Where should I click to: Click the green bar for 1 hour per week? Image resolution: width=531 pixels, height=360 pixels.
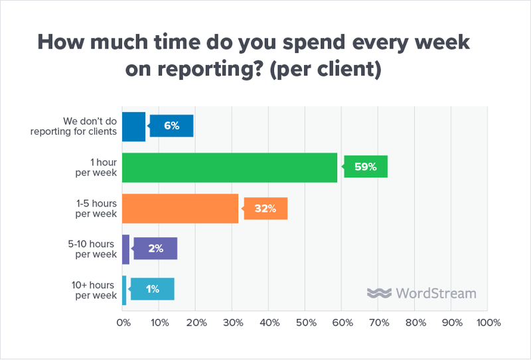(x=230, y=167)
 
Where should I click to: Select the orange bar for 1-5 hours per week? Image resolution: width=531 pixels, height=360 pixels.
(x=180, y=209)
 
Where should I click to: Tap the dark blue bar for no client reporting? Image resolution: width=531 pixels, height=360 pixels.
(x=133, y=126)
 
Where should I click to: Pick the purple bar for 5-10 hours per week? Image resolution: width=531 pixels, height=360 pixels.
(x=125, y=248)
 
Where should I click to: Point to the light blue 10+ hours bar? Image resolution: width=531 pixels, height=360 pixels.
(x=124, y=290)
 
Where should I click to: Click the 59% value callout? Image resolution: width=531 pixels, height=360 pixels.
(x=364, y=167)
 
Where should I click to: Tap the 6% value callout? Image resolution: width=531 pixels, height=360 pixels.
(x=173, y=126)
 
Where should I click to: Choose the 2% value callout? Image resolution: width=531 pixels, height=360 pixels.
(x=157, y=248)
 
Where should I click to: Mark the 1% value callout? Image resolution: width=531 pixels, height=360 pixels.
(x=153, y=290)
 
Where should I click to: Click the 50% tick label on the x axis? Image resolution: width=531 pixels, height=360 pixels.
(x=305, y=323)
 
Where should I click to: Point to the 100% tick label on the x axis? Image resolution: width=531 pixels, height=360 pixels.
(x=489, y=323)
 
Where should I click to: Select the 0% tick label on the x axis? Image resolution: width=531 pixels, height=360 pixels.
(x=123, y=323)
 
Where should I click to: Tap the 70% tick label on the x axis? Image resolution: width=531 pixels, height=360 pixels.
(x=378, y=323)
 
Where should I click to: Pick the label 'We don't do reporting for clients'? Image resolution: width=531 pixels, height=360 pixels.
(x=74, y=126)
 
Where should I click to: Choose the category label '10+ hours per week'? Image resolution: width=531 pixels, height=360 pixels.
(x=94, y=290)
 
